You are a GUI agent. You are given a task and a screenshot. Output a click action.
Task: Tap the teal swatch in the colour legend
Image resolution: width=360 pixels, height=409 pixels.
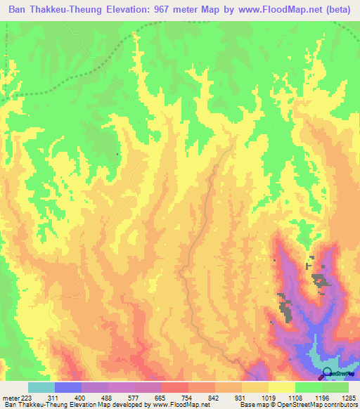pyautogui.click(x=41, y=387)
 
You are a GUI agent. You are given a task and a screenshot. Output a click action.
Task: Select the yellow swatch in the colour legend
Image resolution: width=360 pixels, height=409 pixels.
pyautogui.click(x=281, y=387)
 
